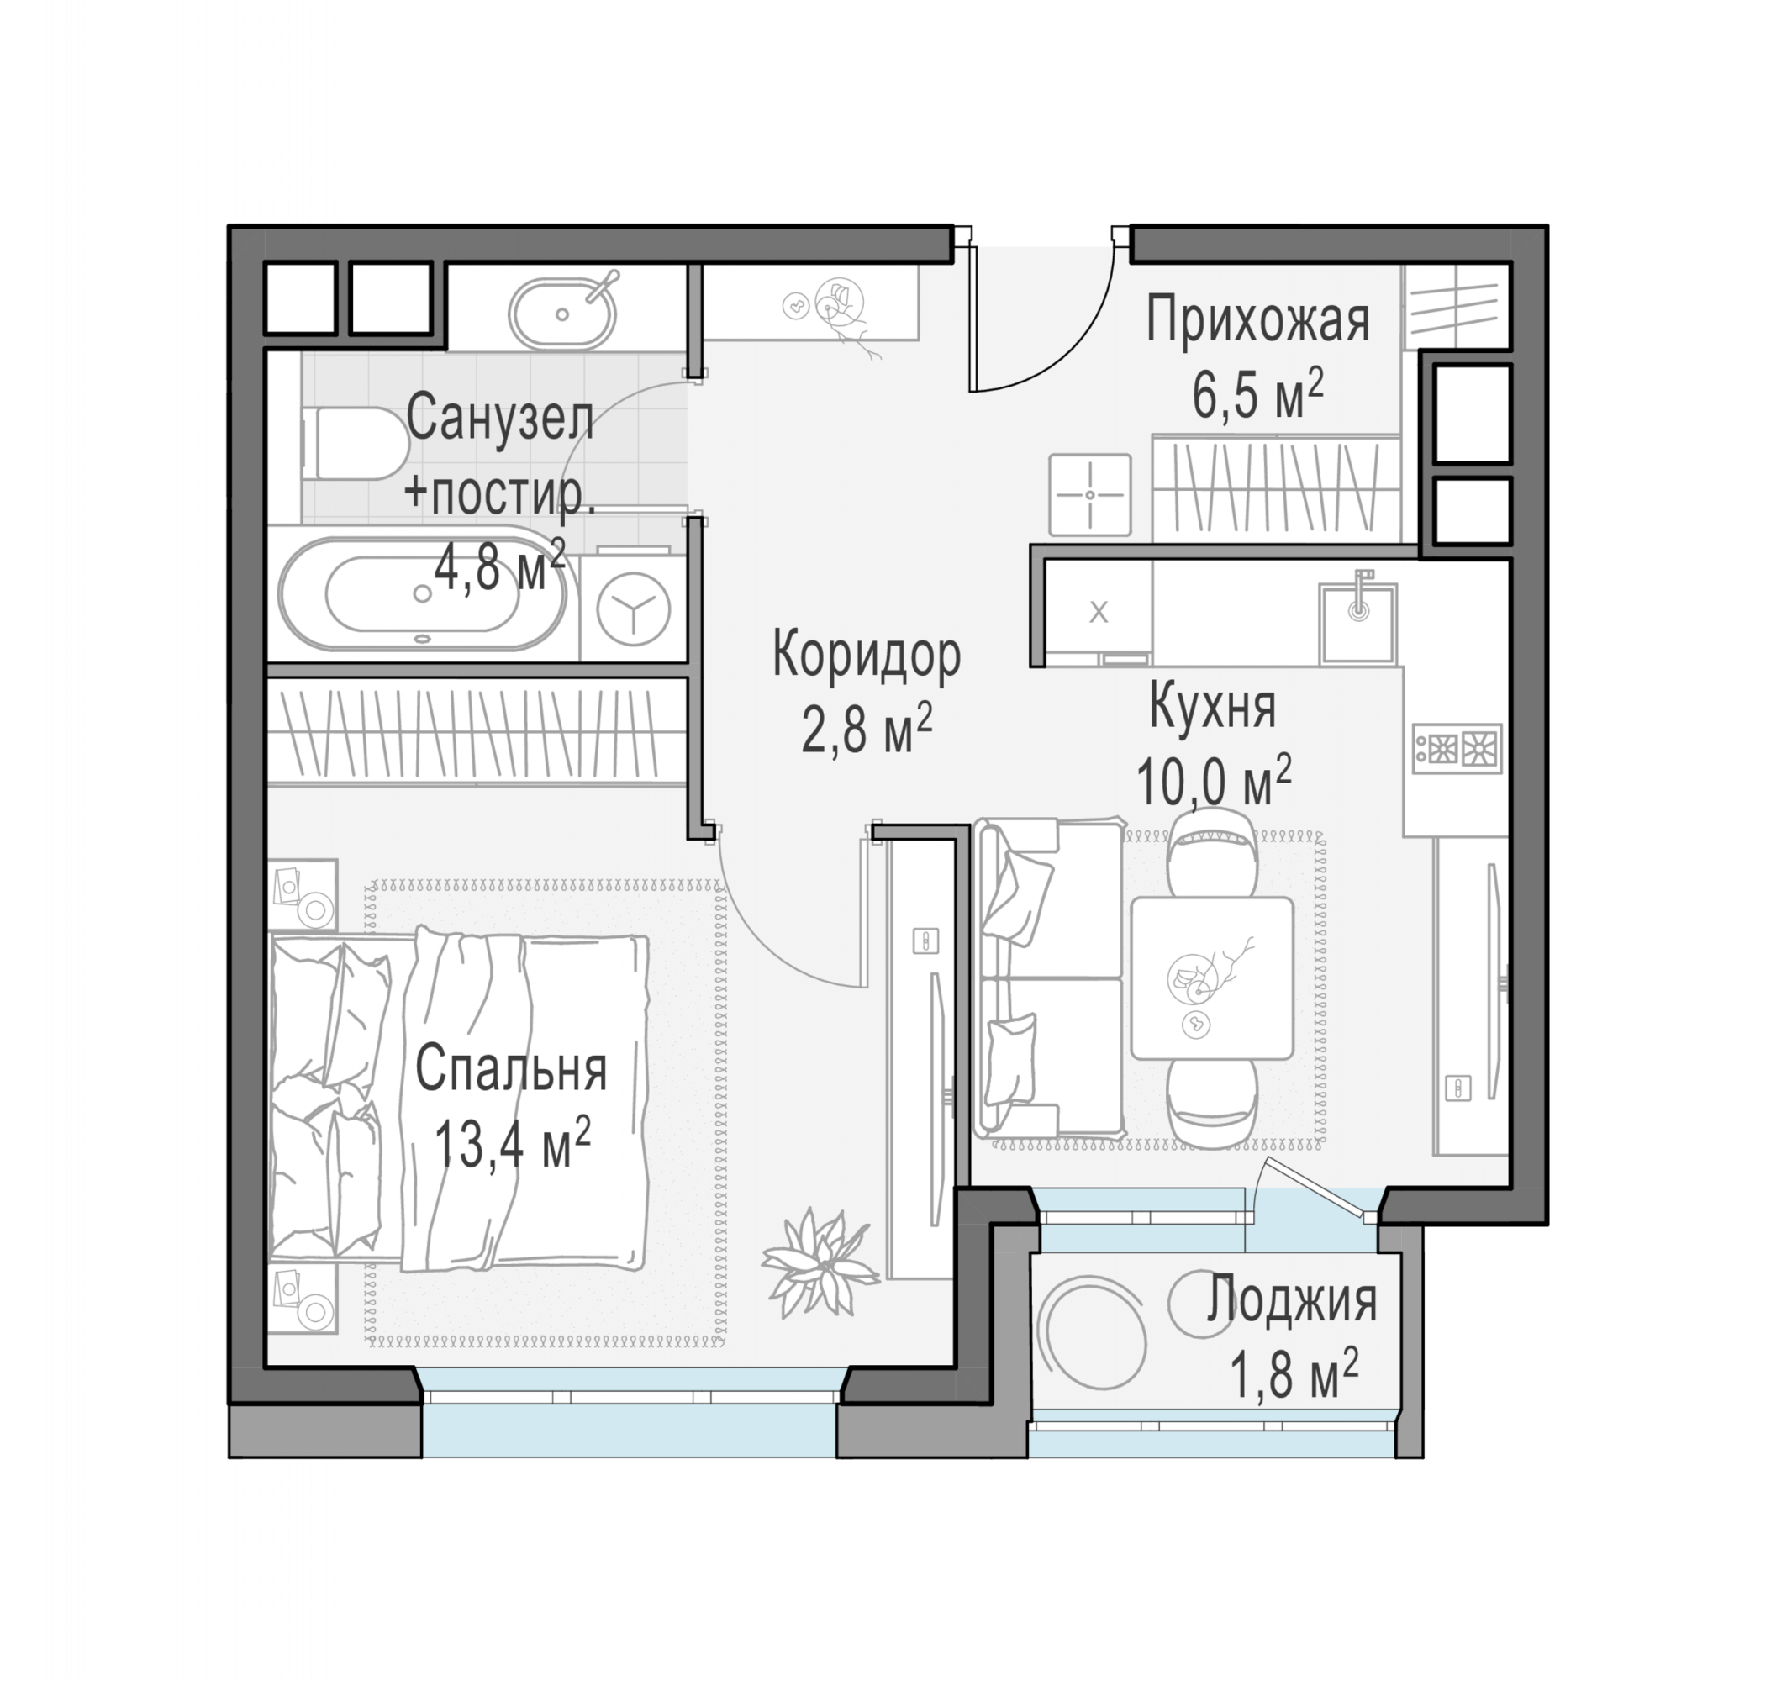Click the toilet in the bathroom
pos(355,444)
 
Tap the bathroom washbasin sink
pos(562,314)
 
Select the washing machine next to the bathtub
pos(633,607)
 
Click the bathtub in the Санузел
pos(421,593)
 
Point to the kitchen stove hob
pos(1457,747)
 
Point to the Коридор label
pos(867,655)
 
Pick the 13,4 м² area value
pos(512,1143)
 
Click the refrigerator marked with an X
pos(1099,614)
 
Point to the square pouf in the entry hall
pos(1090,494)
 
